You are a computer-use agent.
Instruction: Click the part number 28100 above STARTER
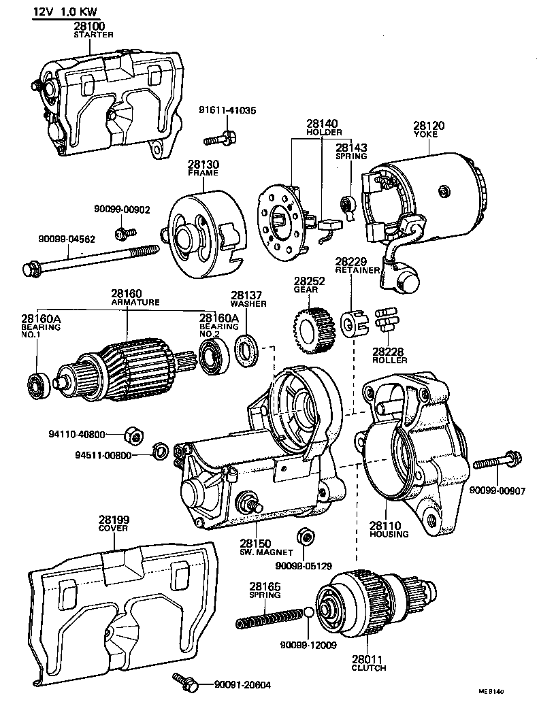89,26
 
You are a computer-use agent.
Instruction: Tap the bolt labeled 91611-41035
219,138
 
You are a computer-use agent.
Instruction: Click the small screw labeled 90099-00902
125,233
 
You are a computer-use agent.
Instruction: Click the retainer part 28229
354,323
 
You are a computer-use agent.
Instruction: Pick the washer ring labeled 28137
247,350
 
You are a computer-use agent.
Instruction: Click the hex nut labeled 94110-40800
134,434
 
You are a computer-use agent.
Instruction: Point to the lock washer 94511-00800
160,451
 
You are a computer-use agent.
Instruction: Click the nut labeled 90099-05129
306,537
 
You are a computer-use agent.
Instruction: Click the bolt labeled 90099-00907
497,461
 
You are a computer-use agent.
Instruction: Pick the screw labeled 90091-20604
185,682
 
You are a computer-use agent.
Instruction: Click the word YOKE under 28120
425,135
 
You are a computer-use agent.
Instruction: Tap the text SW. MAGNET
266,552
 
